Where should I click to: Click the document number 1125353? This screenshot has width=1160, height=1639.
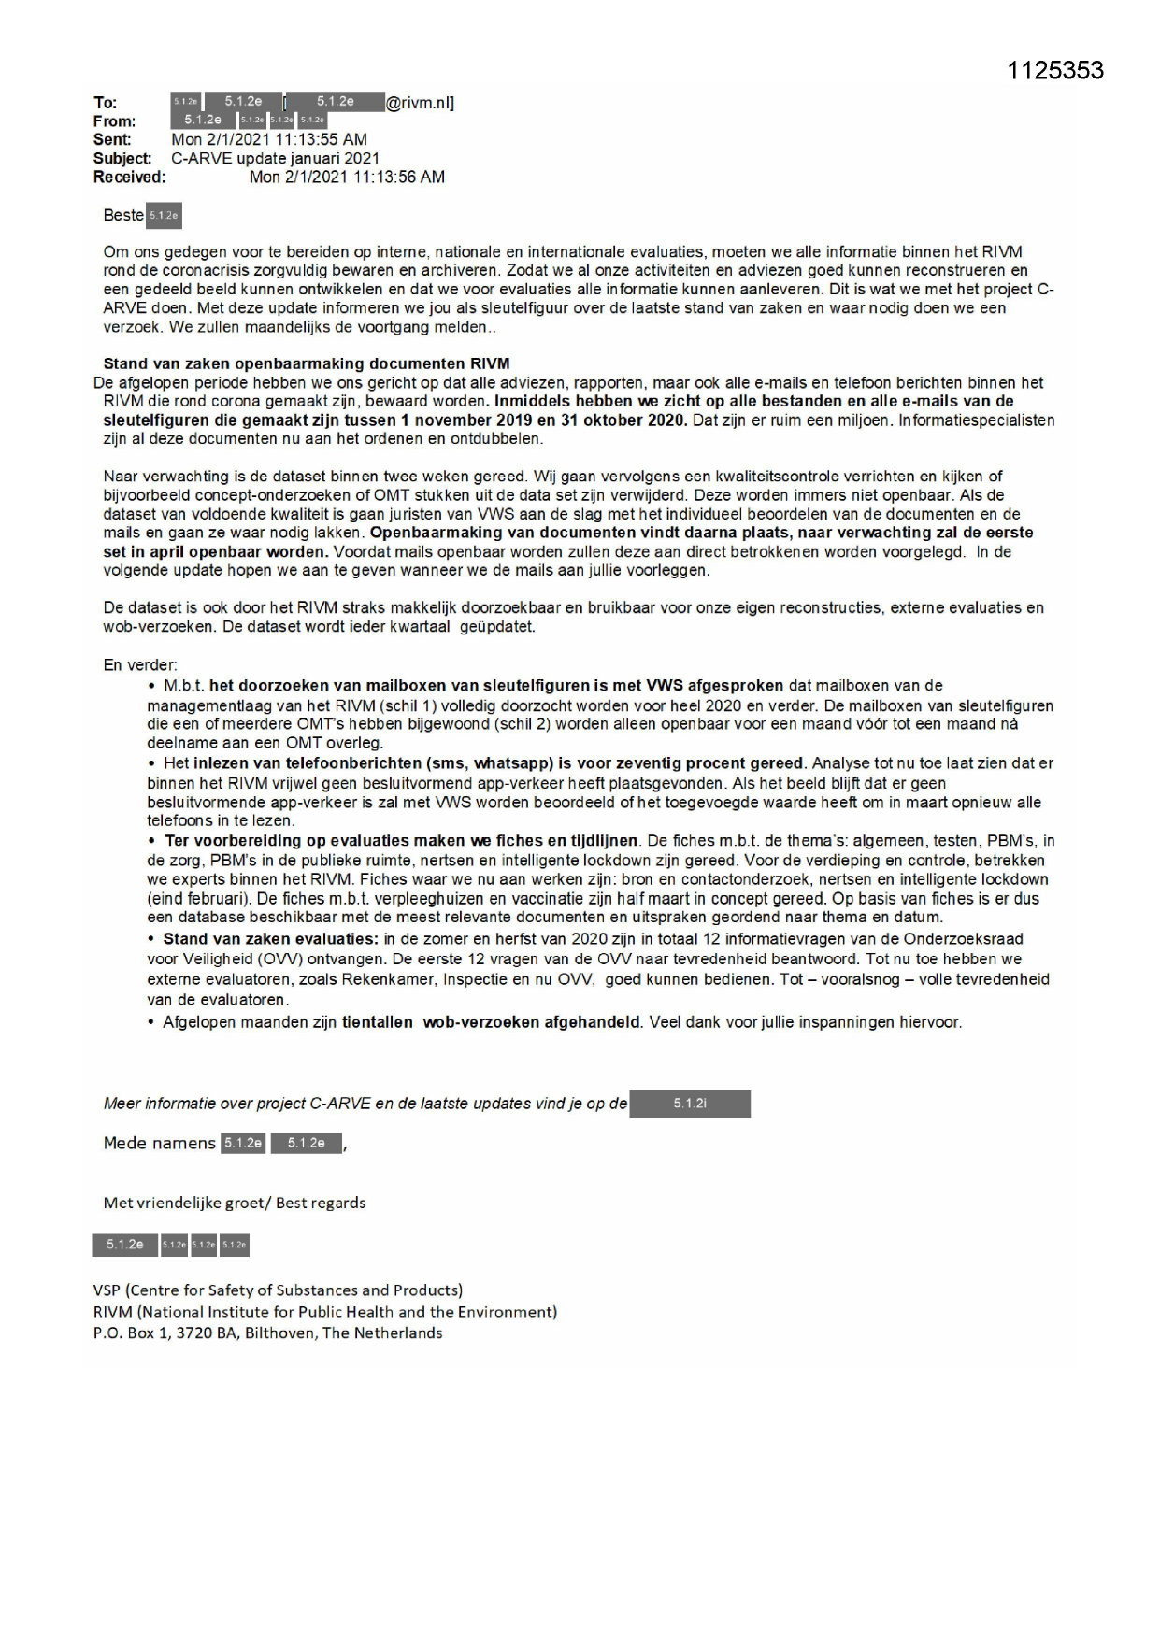1055,70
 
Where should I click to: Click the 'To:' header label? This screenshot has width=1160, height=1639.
105,103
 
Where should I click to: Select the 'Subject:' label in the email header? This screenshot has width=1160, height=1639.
122,159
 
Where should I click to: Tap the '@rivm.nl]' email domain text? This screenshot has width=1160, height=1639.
420,103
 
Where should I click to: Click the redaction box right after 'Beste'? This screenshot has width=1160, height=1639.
164,216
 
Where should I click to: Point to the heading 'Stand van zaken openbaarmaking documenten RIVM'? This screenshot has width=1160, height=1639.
306,363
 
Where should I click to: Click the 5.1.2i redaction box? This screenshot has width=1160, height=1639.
690,1104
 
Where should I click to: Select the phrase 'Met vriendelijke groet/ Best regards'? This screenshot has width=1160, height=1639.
235,1203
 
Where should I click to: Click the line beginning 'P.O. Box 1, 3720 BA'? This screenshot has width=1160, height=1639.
267,1333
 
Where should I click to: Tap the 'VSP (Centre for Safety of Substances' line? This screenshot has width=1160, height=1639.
278,1290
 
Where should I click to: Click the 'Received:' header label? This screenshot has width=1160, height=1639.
129,177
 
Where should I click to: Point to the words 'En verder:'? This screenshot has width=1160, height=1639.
140,665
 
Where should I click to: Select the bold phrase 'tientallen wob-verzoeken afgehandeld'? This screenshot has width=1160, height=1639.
492,1022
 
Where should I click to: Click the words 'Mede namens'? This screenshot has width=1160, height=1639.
159,1144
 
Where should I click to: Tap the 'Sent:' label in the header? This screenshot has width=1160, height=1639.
112,140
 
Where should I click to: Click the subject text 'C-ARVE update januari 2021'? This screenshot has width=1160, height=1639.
275,159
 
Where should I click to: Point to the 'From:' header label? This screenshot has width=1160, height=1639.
114,121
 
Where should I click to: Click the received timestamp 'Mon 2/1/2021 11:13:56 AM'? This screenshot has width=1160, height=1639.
347,177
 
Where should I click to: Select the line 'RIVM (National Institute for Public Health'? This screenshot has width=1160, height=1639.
324,1312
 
